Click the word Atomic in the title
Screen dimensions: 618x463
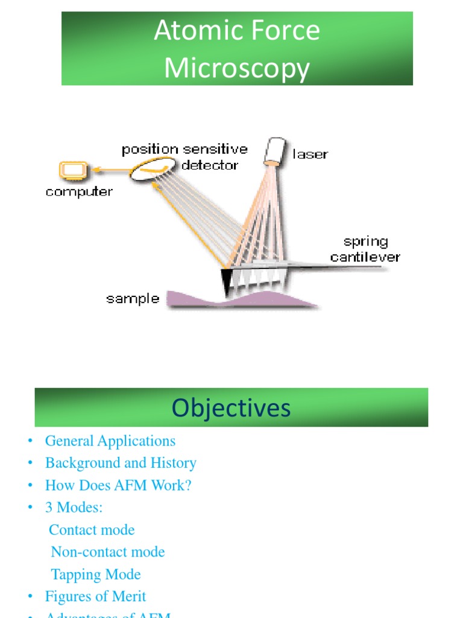(x=187, y=31)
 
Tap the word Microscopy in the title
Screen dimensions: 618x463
(x=237, y=68)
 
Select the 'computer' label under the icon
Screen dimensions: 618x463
(x=79, y=193)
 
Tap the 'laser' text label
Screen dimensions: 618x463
(x=310, y=154)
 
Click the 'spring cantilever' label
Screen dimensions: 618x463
(x=365, y=249)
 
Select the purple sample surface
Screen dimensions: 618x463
(x=241, y=299)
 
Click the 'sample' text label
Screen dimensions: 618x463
(x=133, y=299)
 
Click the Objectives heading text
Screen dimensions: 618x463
(x=231, y=408)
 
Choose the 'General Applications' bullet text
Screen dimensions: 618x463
(x=110, y=441)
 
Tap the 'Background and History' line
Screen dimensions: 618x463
(x=121, y=463)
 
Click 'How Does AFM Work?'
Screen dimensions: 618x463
(x=118, y=486)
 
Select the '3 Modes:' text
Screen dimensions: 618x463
(x=74, y=508)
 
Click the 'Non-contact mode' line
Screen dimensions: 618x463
(x=108, y=552)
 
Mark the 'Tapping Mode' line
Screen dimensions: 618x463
(x=96, y=575)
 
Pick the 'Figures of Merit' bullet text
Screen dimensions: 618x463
(x=95, y=597)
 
